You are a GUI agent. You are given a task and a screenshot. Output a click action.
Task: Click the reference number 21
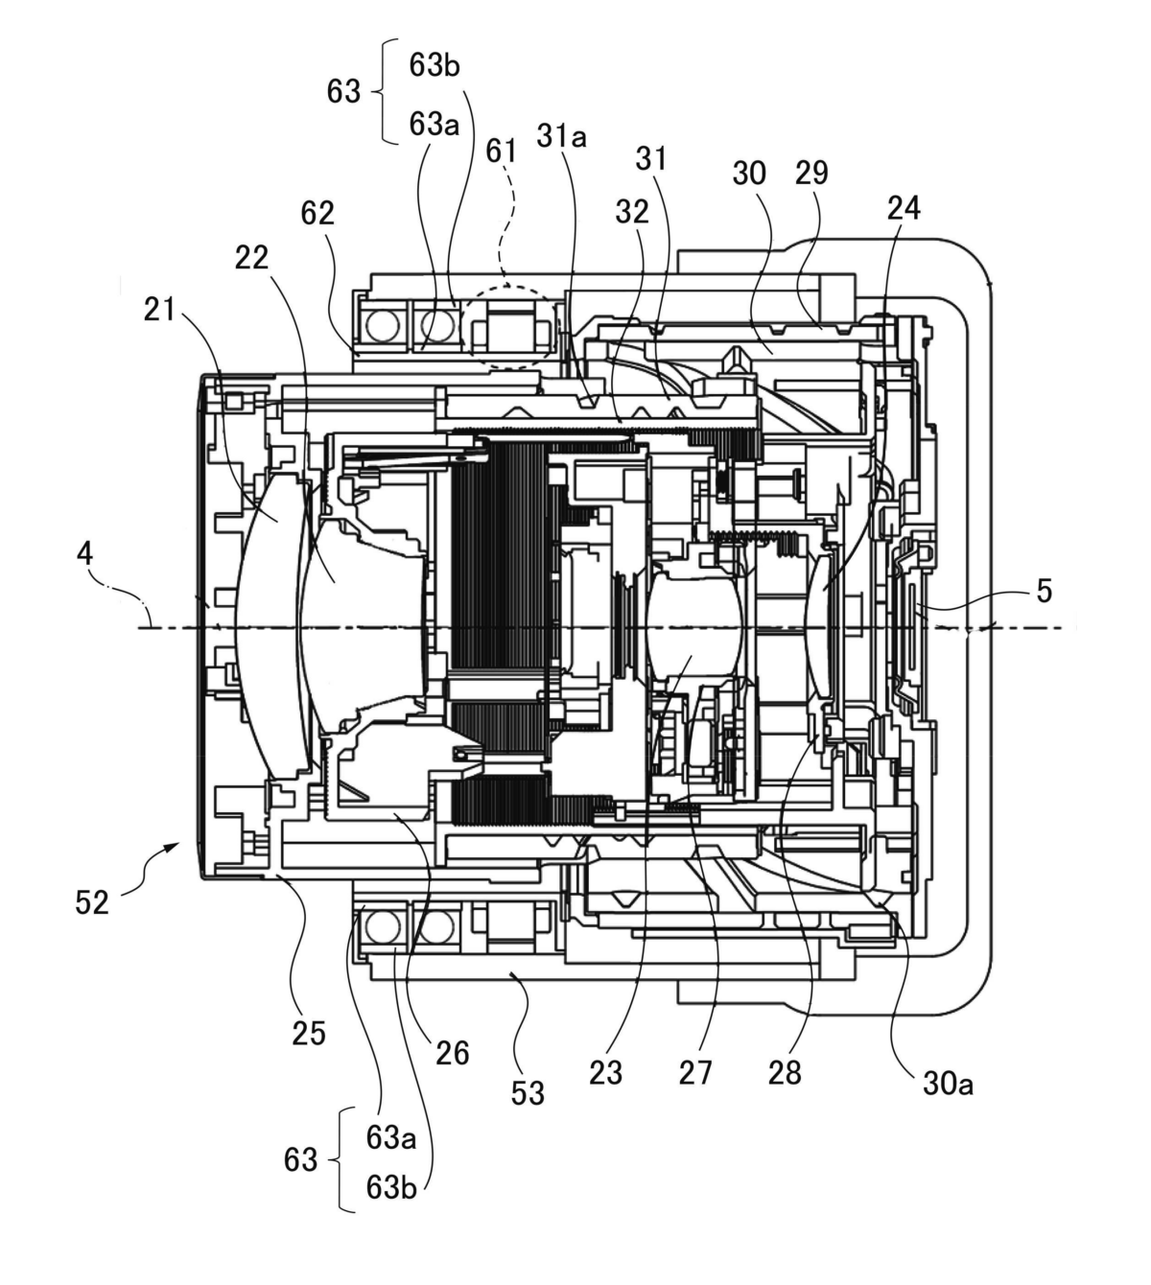pyautogui.click(x=159, y=310)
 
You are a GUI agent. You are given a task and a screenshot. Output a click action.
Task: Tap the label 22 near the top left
pyautogui.click(x=251, y=258)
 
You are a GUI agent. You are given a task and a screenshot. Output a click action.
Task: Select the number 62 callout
pyautogui.click(x=317, y=214)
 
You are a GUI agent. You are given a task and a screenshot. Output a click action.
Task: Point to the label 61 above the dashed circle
pyautogui.click(x=501, y=152)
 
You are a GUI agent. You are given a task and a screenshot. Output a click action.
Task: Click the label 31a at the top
pyautogui.click(x=561, y=136)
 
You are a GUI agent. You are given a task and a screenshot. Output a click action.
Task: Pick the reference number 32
pyautogui.click(x=632, y=213)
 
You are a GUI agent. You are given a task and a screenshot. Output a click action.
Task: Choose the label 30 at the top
pyautogui.click(x=749, y=174)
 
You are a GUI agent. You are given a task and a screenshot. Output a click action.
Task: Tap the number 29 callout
pyautogui.click(x=811, y=173)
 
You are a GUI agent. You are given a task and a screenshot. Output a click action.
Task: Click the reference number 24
pyautogui.click(x=904, y=207)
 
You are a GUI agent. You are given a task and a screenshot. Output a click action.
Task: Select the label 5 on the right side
pyautogui.click(x=1044, y=591)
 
